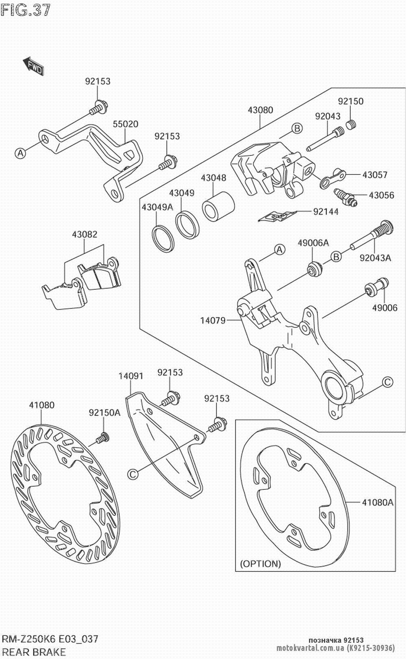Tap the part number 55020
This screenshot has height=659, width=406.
click(x=125, y=124)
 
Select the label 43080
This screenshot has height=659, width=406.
click(x=261, y=110)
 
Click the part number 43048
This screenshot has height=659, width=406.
click(x=214, y=178)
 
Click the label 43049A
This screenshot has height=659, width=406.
click(x=157, y=207)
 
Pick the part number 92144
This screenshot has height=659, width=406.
click(x=326, y=211)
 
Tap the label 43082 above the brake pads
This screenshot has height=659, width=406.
click(x=84, y=234)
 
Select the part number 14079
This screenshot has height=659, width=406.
click(x=212, y=320)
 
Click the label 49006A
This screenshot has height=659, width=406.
click(x=313, y=243)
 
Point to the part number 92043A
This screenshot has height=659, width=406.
click(x=375, y=257)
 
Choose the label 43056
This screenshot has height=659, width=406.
click(x=381, y=195)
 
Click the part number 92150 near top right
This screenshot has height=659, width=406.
click(x=351, y=101)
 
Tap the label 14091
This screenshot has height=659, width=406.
click(x=131, y=376)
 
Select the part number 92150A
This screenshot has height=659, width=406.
click(x=104, y=413)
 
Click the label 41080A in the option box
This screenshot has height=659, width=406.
click(x=378, y=502)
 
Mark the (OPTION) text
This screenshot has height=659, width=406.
click(x=260, y=563)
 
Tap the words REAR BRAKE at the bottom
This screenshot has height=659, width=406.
click(x=33, y=652)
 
